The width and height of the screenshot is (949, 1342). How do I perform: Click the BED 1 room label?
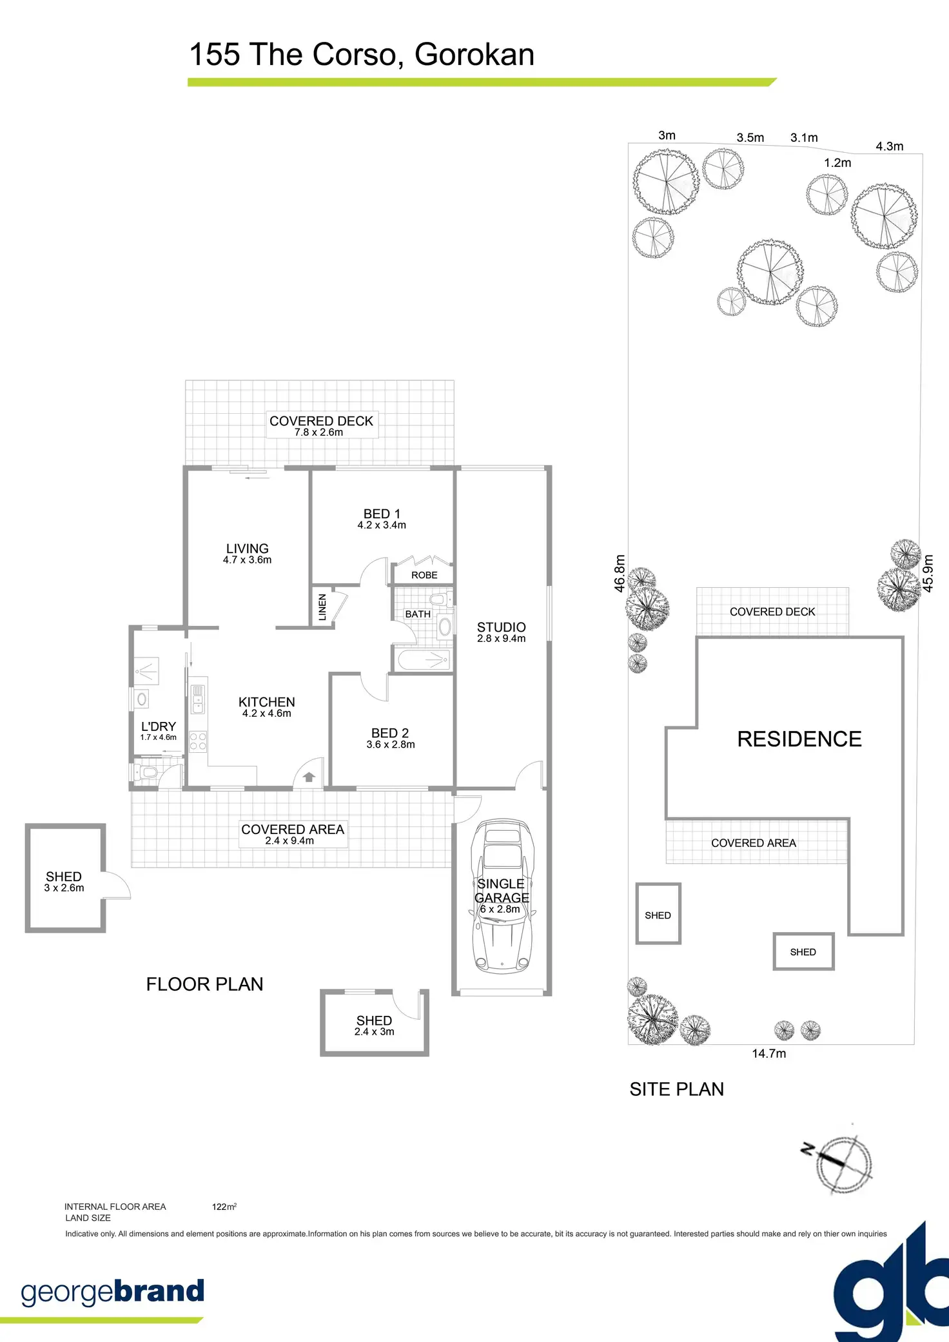click(382, 514)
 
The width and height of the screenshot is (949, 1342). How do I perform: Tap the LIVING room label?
click(247, 549)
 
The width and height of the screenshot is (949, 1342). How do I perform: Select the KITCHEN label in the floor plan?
click(266, 703)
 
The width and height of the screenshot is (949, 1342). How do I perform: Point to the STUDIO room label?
click(501, 628)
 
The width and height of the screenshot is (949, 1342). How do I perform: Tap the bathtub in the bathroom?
click(423, 660)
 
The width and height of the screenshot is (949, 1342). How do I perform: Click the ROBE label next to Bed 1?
click(424, 575)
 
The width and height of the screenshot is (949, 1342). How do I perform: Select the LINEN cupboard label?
click(322, 607)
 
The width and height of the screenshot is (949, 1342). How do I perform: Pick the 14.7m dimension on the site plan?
click(768, 1054)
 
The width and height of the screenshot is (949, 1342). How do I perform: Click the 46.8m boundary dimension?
click(620, 573)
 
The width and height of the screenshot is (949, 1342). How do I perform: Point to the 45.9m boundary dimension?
click(928, 573)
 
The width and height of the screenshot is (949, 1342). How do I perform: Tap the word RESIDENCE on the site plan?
click(799, 739)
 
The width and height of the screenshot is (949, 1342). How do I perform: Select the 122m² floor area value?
click(224, 1207)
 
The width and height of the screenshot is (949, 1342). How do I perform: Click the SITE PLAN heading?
click(676, 1089)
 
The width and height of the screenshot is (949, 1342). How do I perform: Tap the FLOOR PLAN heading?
click(204, 984)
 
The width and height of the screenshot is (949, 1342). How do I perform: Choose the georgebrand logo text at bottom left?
click(113, 1292)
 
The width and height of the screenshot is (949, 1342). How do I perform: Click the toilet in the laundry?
click(148, 772)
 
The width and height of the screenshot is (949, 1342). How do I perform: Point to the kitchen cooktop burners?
click(198, 741)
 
